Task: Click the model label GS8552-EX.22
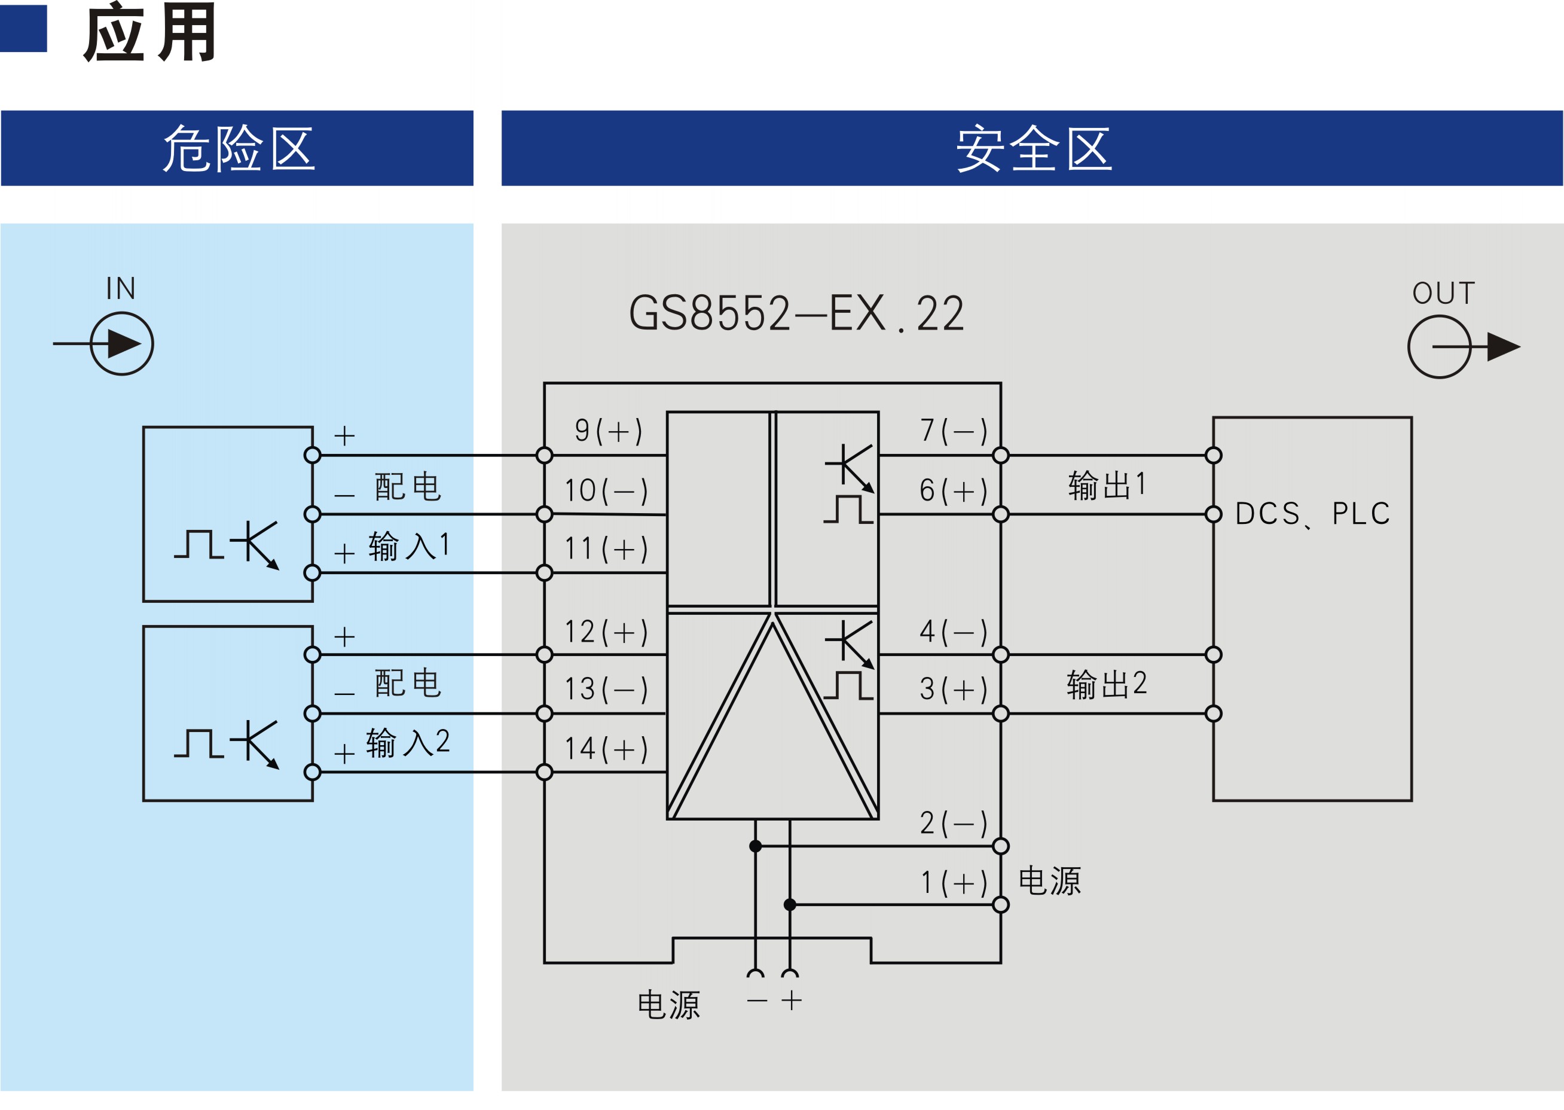point(795,314)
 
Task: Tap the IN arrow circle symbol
point(121,344)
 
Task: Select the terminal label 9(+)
point(608,431)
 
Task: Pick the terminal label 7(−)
point(954,431)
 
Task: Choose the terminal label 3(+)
point(954,689)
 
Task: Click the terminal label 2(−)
point(954,823)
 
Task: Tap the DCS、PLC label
point(1312,514)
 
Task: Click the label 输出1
point(1107,485)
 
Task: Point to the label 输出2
point(1107,684)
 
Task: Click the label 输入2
point(408,743)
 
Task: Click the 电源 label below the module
point(668,1005)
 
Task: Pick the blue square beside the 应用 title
point(23,28)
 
